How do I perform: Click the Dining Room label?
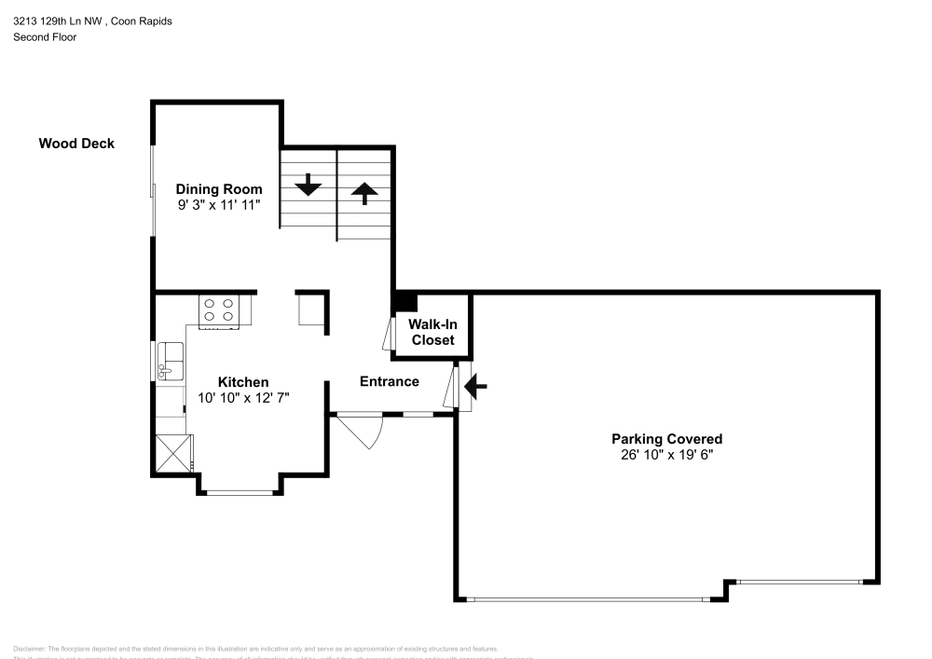point(219,189)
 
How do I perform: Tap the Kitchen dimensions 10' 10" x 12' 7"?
point(243,398)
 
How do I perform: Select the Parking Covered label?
point(666,439)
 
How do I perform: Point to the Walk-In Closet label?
point(433,332)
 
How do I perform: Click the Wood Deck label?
point(76,144)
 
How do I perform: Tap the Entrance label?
point(389,381)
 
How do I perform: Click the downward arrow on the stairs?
point(308,185)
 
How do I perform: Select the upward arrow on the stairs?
point(363,192)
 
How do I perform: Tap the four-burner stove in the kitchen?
point(219,310)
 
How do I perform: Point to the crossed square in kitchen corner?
point(172,456)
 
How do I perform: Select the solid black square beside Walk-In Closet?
point(405,301)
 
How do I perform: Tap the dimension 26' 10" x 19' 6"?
point(666,455)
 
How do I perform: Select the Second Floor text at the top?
point(45,37)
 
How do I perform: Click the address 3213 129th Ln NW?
point(57,21)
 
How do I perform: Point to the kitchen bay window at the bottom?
point(239,492)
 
